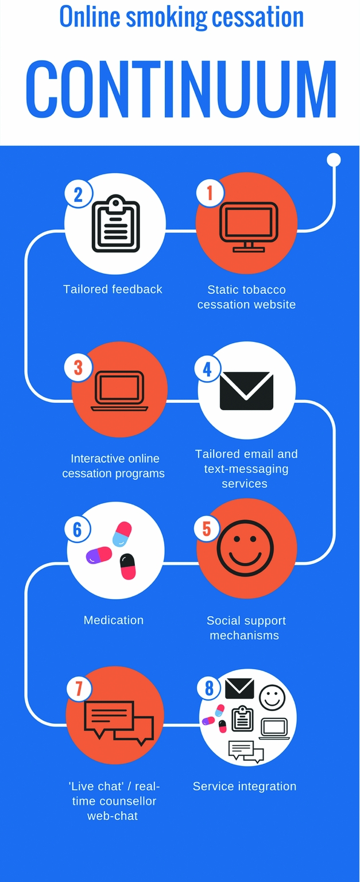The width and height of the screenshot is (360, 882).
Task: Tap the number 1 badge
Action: click(210, 193)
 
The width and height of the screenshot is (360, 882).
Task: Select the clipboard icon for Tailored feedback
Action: click(116, 224)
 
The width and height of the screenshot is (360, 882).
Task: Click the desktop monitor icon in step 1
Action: click(249, 227)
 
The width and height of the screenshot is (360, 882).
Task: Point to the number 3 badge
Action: click(78, 367)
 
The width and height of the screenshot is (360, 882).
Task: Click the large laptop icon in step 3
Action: click(119, 391)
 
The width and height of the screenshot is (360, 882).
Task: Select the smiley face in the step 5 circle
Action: click(245, 547)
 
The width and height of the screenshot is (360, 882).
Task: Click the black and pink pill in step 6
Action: click(127, 566)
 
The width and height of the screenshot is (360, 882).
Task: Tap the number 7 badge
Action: click(79, 688)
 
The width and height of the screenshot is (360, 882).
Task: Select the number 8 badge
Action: click(209, 688)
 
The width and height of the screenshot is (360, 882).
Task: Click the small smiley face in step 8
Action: click(272, 697)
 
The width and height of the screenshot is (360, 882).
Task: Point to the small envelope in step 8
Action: click(239, 688)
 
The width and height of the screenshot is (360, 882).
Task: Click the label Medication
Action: click(114, 620)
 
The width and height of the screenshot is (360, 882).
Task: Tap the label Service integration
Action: click(245, 786)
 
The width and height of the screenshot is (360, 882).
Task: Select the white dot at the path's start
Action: click(334, 160)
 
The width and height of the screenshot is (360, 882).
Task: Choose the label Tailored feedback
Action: click(113, 289)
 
